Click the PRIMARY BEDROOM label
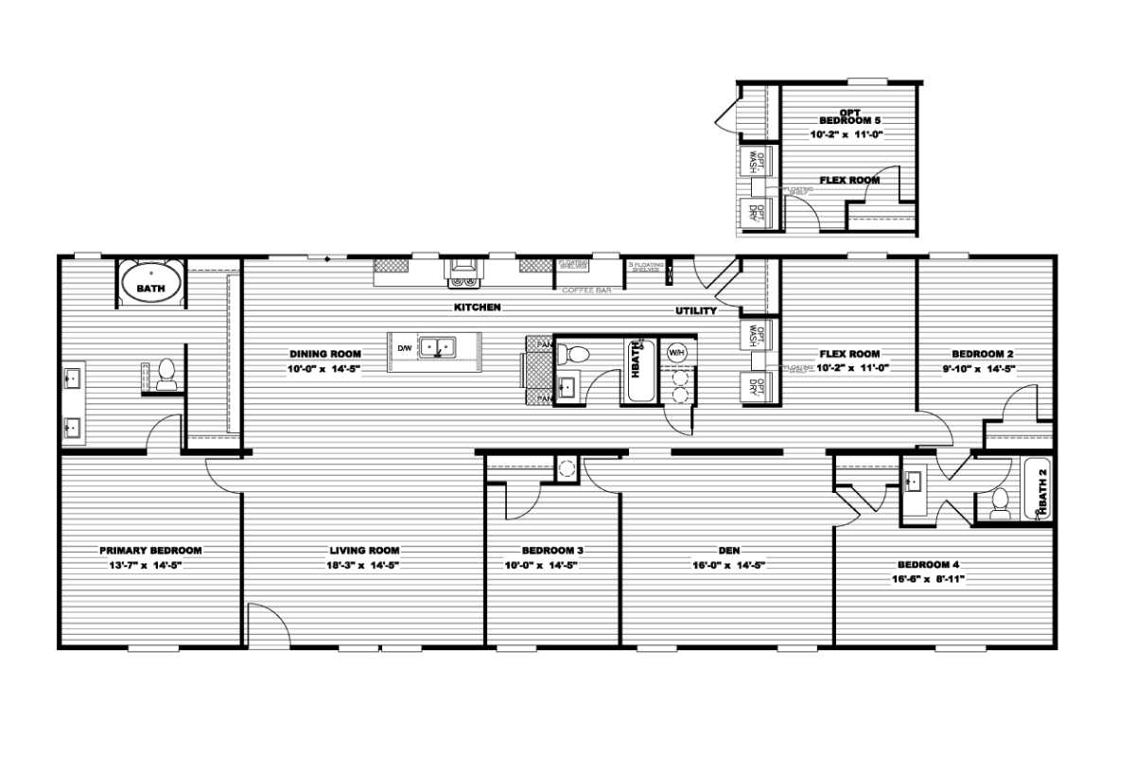click(151, 551)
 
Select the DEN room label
click(728, 551)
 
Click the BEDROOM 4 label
click(928, 564)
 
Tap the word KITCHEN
click(477, 308)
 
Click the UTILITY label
click(695, 310)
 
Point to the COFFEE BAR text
click(586, 290)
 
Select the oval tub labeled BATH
click(150, 285)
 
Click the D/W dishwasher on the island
click(404, 348)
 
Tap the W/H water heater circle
click(677, 353)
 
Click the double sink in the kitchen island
click(437, 348)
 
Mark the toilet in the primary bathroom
click(167, 374)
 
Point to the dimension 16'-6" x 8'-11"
click(928, 578)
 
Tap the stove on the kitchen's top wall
click(464, 271)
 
